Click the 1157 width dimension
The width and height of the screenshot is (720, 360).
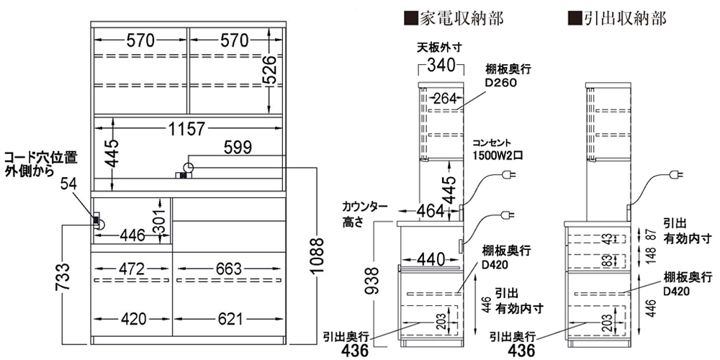[187, 130]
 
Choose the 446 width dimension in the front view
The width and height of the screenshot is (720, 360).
[132, 235]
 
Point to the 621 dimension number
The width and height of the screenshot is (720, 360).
[228, 318]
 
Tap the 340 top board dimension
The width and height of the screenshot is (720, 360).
[438, 67]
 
